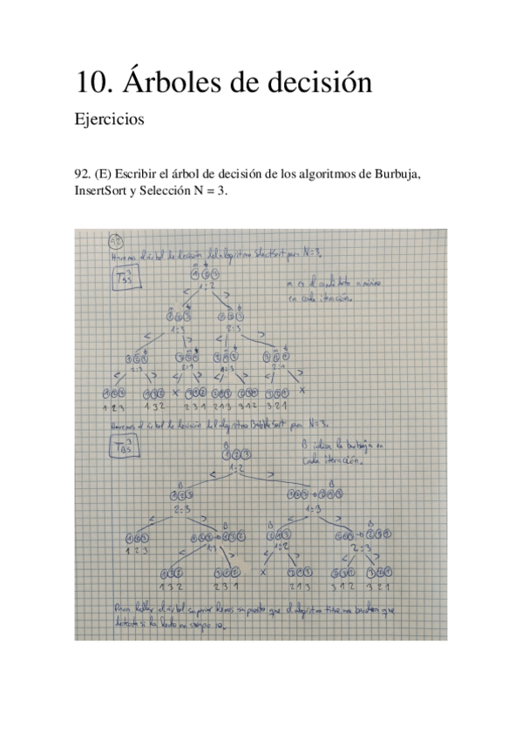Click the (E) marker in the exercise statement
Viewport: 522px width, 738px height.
tap(111, 174)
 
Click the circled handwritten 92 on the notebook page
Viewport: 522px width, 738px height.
tap(114, 241)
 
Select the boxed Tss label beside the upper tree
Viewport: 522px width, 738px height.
tap(125, 279)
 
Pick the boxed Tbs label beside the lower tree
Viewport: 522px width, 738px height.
tap(126, 449)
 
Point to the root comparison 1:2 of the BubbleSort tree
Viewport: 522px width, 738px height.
tap(236, 467)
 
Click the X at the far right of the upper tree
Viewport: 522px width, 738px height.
tap(302, 393)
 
